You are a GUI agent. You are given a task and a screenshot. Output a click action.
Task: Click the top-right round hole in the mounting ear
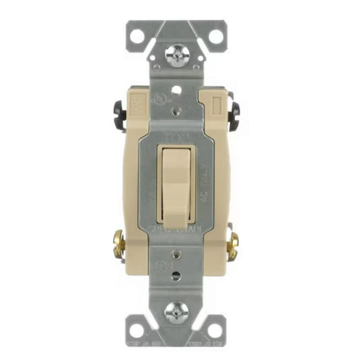[215, 36]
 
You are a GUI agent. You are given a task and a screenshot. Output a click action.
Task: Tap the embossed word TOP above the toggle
[176, 134]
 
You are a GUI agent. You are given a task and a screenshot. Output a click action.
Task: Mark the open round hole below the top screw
[176, 89]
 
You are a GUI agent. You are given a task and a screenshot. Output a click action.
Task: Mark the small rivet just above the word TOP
[176, 113]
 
